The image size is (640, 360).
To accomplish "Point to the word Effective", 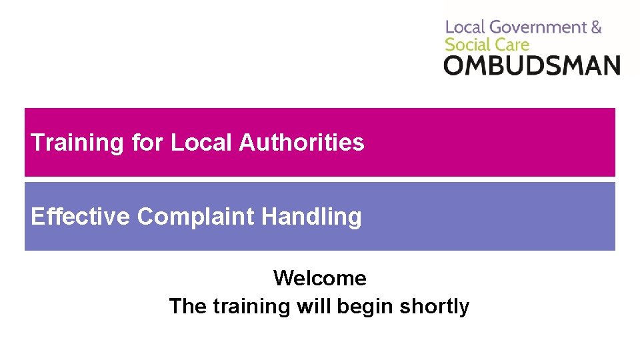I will [x=80, y=217].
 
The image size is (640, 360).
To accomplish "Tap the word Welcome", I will [x=319, y=278].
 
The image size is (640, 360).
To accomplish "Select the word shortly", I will [x=434, y=307].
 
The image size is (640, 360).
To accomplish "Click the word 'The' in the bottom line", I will [x=188, y=306].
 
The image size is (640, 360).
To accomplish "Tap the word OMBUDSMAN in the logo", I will [x=532, y=65].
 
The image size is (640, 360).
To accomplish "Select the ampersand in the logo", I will [x=596, y=27].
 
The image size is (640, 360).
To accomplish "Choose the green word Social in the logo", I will [x=467, y=45].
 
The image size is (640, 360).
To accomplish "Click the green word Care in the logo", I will [x=511, y=45].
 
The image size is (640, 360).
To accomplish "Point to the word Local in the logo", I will [x=465, y=27].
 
